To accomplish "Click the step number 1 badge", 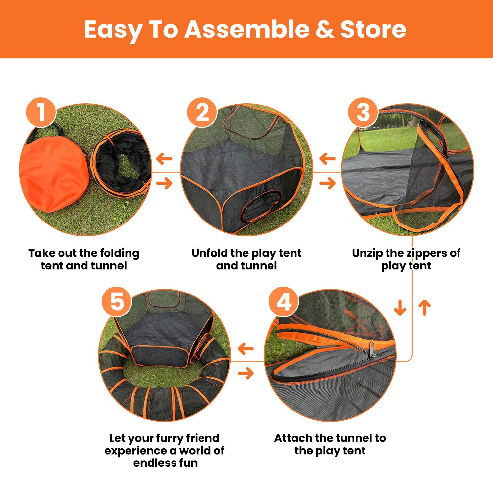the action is click(x=41, y=112).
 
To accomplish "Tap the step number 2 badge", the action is click(x=202, y=112).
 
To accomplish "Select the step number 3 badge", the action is click(x=363, y=112).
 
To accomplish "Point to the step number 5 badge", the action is click(x=117, y=302).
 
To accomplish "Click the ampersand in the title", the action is click(x=325, y=30).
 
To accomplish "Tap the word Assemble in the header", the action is click(x=246, y=29).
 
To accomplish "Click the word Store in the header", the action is click(x=373, y=30).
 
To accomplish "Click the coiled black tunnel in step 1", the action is click(x=121, y=163).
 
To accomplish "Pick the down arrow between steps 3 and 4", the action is click(x=400, y=308).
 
